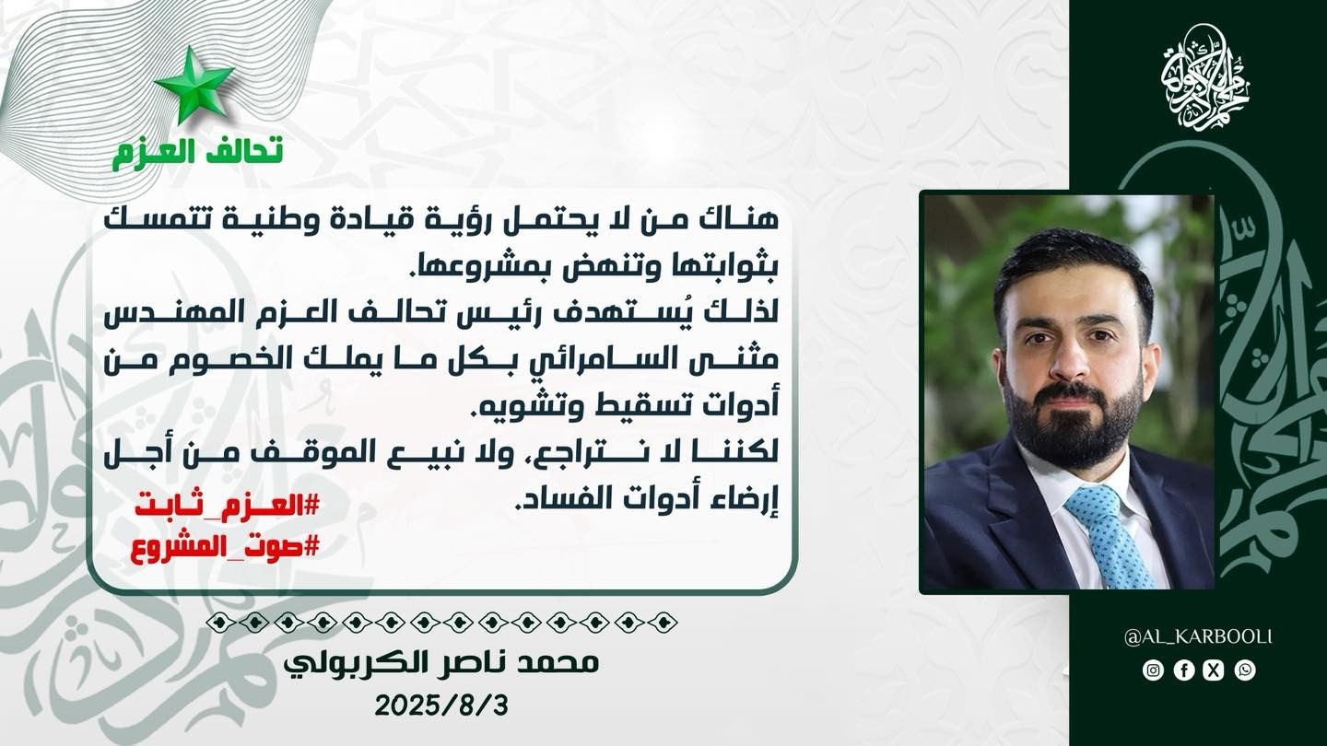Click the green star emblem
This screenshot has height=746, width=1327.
click(x=194, y=85)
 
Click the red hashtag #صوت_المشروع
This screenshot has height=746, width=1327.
click(x=225, y=547)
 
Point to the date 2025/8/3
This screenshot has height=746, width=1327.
click(x=441, y=705)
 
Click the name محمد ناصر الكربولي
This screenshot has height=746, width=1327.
click(x=441, y=664)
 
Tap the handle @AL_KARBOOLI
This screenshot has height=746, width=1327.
click(x=1198, y=637)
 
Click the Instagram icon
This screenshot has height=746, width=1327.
click(x=1153, y=670)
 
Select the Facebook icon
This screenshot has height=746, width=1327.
click(x=1183, y=670)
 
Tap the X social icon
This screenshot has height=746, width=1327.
click(x=1215, y=670)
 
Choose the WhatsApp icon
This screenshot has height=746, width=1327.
click(x=1245, y=670)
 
